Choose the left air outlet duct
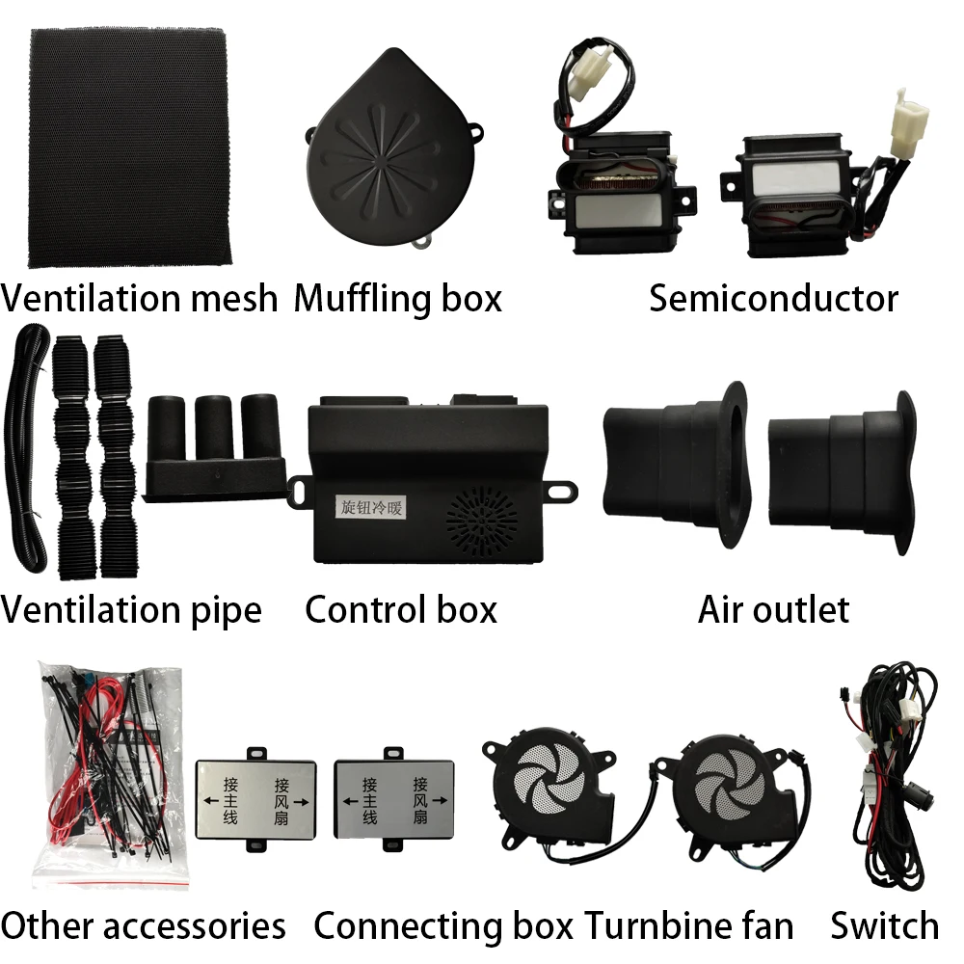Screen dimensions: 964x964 pos(675,462)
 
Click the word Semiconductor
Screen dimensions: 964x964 pos(773,299)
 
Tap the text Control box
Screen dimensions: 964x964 pos(401,610)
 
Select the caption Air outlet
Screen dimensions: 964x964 pos(773,610)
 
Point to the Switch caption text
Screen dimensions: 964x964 pos(884,926)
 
